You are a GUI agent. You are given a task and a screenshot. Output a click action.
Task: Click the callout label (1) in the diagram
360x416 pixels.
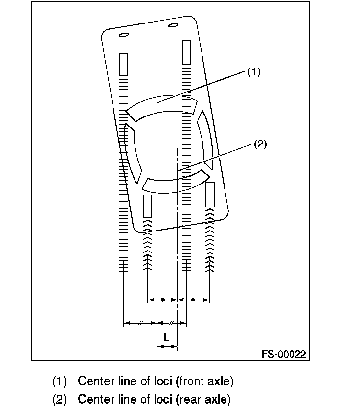click(254, 72)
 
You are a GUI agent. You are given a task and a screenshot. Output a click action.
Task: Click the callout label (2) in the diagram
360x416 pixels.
click(260, 144)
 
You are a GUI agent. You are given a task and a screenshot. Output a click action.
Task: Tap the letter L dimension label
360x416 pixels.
click(166, 337)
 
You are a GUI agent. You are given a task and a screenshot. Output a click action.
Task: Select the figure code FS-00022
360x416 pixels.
click(284, 354)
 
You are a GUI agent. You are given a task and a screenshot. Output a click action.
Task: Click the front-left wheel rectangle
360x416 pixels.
click(124, 65)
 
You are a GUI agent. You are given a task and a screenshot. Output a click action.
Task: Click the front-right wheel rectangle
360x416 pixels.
click(187, 52)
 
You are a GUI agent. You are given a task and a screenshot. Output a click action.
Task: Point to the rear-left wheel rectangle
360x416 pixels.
click(147, 207)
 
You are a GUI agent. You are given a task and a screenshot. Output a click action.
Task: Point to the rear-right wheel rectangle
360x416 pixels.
click(210, 194)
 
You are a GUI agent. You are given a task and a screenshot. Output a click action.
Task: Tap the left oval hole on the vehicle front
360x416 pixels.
click(124, 35)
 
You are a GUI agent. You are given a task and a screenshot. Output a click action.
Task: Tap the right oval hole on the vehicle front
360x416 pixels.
click(173, 25)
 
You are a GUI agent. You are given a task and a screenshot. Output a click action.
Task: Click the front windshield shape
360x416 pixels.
click(161, 108)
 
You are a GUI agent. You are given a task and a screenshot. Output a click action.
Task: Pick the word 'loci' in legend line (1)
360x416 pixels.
click(163, 381)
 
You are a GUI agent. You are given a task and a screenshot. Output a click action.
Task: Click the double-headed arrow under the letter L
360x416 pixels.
click(167, 346)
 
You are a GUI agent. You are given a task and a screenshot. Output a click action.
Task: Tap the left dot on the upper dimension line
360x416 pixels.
click(163, 300)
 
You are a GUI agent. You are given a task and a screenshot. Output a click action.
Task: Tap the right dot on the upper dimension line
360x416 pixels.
click(193, 300)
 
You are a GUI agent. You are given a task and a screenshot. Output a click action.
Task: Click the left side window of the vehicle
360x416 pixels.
click(134, 153)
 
